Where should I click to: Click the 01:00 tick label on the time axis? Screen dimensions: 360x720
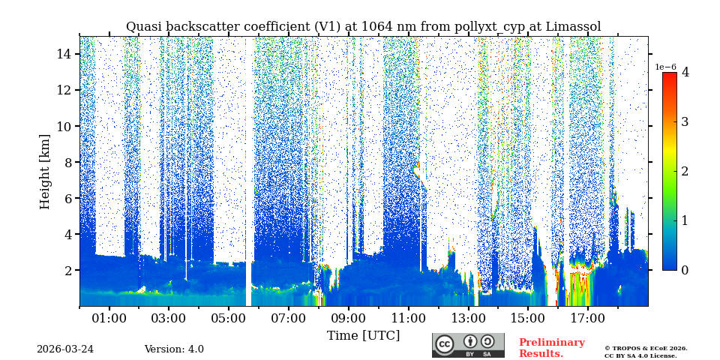tap(109, 318)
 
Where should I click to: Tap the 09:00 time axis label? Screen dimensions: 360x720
tap(348, 318)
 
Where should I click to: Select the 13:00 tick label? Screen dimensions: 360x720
tap(467, 318)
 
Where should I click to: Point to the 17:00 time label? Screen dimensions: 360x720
tap(587, 318)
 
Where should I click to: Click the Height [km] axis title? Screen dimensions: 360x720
tap(45, 171)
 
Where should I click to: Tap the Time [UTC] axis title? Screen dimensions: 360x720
tap(363, 335)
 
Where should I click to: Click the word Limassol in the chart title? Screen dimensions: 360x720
tap(573, 27)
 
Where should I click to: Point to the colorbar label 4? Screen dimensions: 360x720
tap(685, 73)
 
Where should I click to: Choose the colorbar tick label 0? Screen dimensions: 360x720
tap(685, 270)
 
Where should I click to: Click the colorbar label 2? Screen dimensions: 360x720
tap(685, 171)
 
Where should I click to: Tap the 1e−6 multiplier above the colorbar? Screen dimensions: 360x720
tap(665, 67)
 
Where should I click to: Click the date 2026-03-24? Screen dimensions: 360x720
tap(65, 349)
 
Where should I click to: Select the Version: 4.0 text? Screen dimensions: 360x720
tap(174, 349)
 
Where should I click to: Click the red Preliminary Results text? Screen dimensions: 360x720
tap(551, 348)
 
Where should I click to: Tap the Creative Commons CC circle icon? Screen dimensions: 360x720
tap(445, 344)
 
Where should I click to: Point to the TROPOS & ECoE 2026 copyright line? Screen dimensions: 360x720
tap(646, 348)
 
